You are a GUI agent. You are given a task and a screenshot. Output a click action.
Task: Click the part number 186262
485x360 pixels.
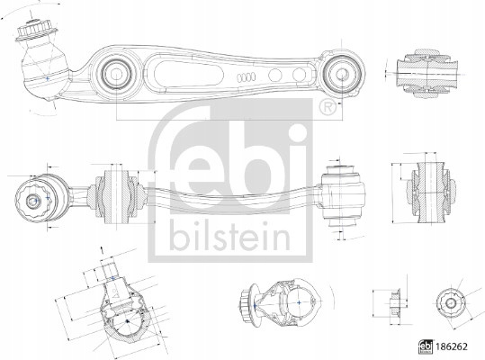pos(452,346)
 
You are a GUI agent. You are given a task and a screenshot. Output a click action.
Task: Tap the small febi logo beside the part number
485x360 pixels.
pos(426,347)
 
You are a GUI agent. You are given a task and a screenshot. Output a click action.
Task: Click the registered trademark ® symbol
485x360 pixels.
pos(328,107)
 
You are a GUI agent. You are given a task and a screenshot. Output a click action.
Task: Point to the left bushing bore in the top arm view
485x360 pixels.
pos(116,74)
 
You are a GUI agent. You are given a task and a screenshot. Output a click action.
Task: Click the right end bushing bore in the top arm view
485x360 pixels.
pos(342,74)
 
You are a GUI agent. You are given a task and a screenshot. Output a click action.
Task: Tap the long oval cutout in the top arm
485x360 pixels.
pos(188,73)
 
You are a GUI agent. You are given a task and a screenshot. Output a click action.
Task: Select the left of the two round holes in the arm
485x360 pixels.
pos(275,76)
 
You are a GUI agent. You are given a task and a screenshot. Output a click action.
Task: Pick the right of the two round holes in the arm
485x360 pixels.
pos(299,75)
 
